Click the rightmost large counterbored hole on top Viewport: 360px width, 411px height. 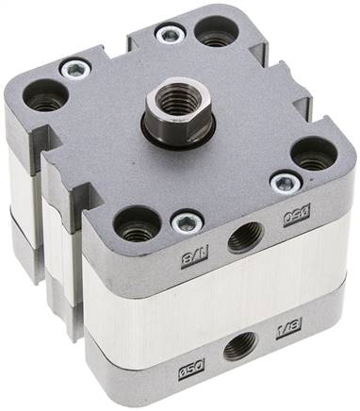314,153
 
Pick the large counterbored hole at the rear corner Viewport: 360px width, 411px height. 216,31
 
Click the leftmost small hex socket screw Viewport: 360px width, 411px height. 74,69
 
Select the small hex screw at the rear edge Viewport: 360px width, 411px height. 170,35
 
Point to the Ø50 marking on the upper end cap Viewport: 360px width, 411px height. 299,217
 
